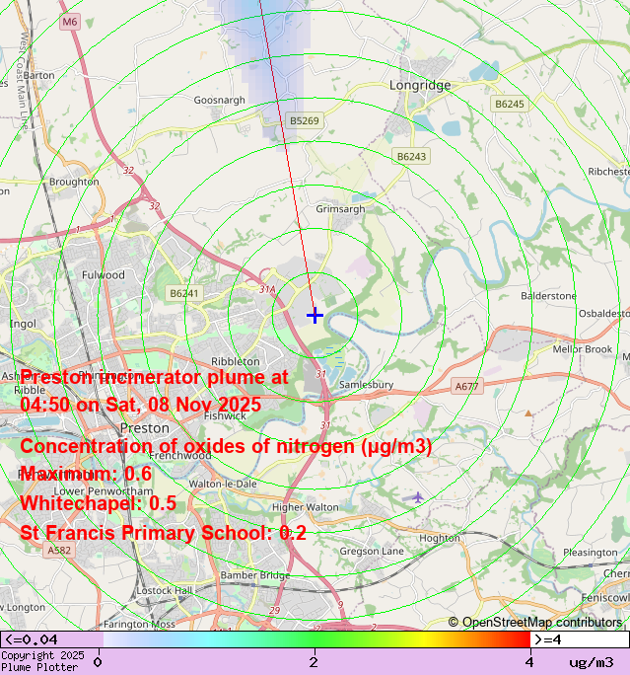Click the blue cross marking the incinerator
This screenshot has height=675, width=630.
315,315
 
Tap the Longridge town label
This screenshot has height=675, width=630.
420,85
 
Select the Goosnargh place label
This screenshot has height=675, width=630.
218,101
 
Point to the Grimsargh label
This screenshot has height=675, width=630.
340,209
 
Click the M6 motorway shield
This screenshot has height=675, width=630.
69,21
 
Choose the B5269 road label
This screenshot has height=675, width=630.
305,120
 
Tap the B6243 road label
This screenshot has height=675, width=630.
411,157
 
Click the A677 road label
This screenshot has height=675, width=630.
466,386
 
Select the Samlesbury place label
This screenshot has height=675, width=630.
366,384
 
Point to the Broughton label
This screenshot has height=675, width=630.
74,182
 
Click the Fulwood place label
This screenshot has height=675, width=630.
104,274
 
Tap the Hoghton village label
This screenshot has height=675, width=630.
440,538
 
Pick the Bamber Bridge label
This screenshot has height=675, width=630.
255,574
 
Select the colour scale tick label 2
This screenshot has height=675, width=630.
314,662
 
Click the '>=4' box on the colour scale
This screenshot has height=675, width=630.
580,639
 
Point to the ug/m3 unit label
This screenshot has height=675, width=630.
591,662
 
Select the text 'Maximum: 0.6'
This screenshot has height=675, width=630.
86,474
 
